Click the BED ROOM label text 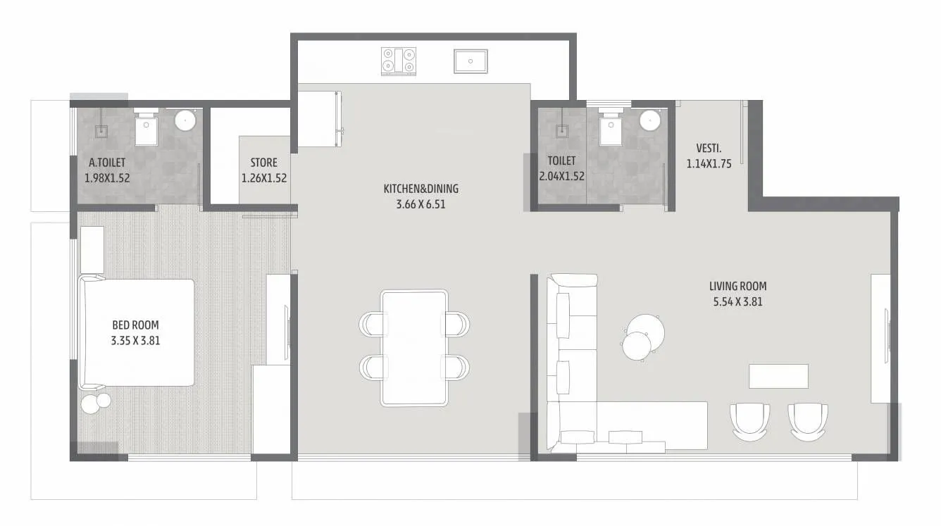click(x=135, y=325)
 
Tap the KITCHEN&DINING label click(x=420, y=189)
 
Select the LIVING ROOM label click(x=737, y=286)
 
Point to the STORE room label click(x=264, y=163)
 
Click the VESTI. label click(x=708, y=148)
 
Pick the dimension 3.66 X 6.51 click(x=420, y=205)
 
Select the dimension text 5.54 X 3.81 click(x=737, y=302)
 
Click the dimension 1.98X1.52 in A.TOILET click(x=107, y=178)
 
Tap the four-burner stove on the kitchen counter click(x=399, y=61)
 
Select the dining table click(x=414, y=348)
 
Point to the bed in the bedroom click(x=137, y=332)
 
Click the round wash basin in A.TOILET click(x=185, y=120)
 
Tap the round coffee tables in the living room click(x=642, y=337)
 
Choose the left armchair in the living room click(x=750, y=421)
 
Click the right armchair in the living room click(x=807, y=421)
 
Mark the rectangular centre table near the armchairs click(x=778, y=376)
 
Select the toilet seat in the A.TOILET click(x=148, y=129)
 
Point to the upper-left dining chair click(x=373, y=323)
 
